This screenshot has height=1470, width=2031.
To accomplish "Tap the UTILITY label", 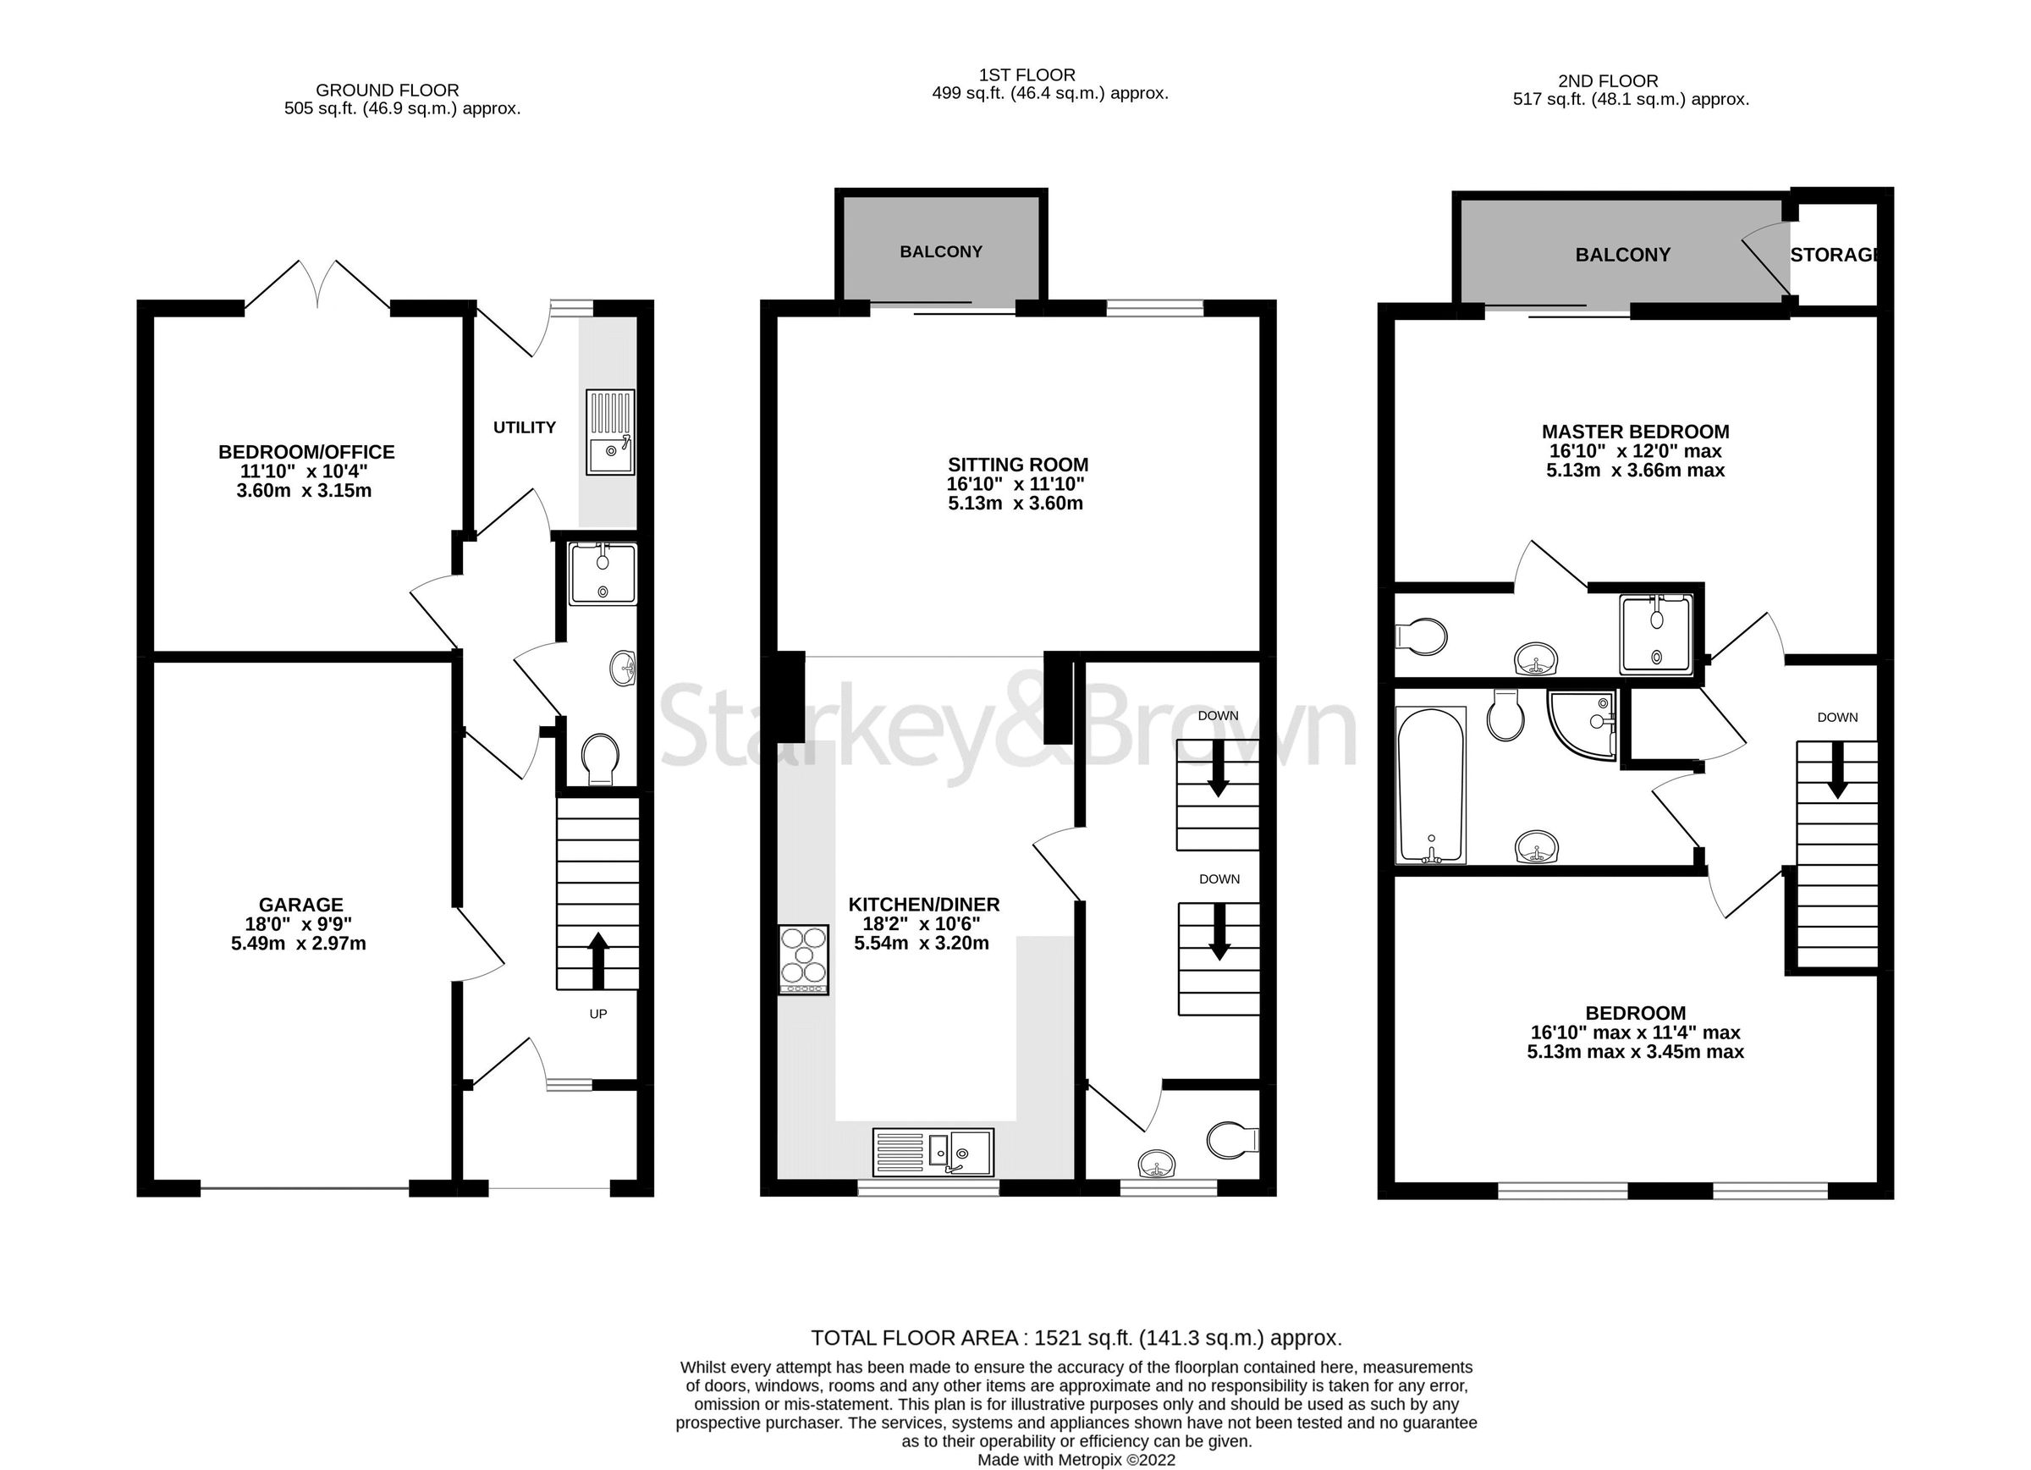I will pyautogui.click(x=524, y=427).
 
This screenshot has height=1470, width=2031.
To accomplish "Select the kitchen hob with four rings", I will pyautogui.click(x=803, y=960).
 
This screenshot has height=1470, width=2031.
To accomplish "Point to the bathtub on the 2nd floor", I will pyautogui.click(x=1430, y=785).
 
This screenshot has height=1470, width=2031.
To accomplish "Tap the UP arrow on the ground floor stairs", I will pyautogui.click(x=597, y=959).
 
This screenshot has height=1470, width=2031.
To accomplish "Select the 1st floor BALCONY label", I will pyautogui.click(x=940, y=251).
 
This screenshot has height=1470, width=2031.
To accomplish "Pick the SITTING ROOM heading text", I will pyautogui.click(x=1017, y=464).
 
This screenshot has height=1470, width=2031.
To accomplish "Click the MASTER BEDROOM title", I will pyautogui.click(x=1634, y=432).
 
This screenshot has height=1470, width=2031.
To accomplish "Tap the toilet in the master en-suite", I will pyautogui.click(x=1423, y=637).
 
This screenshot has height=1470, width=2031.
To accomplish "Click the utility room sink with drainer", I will pyautogui.click(x=610, y=432).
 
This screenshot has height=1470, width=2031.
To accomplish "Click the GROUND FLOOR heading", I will pyautogui.click(x=387, y=91).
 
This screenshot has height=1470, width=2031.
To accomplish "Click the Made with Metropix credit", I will pyautogui.click(x=1076, y=1459).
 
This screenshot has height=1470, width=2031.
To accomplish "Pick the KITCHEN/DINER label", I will pyautogui.click(x=923, y=905).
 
